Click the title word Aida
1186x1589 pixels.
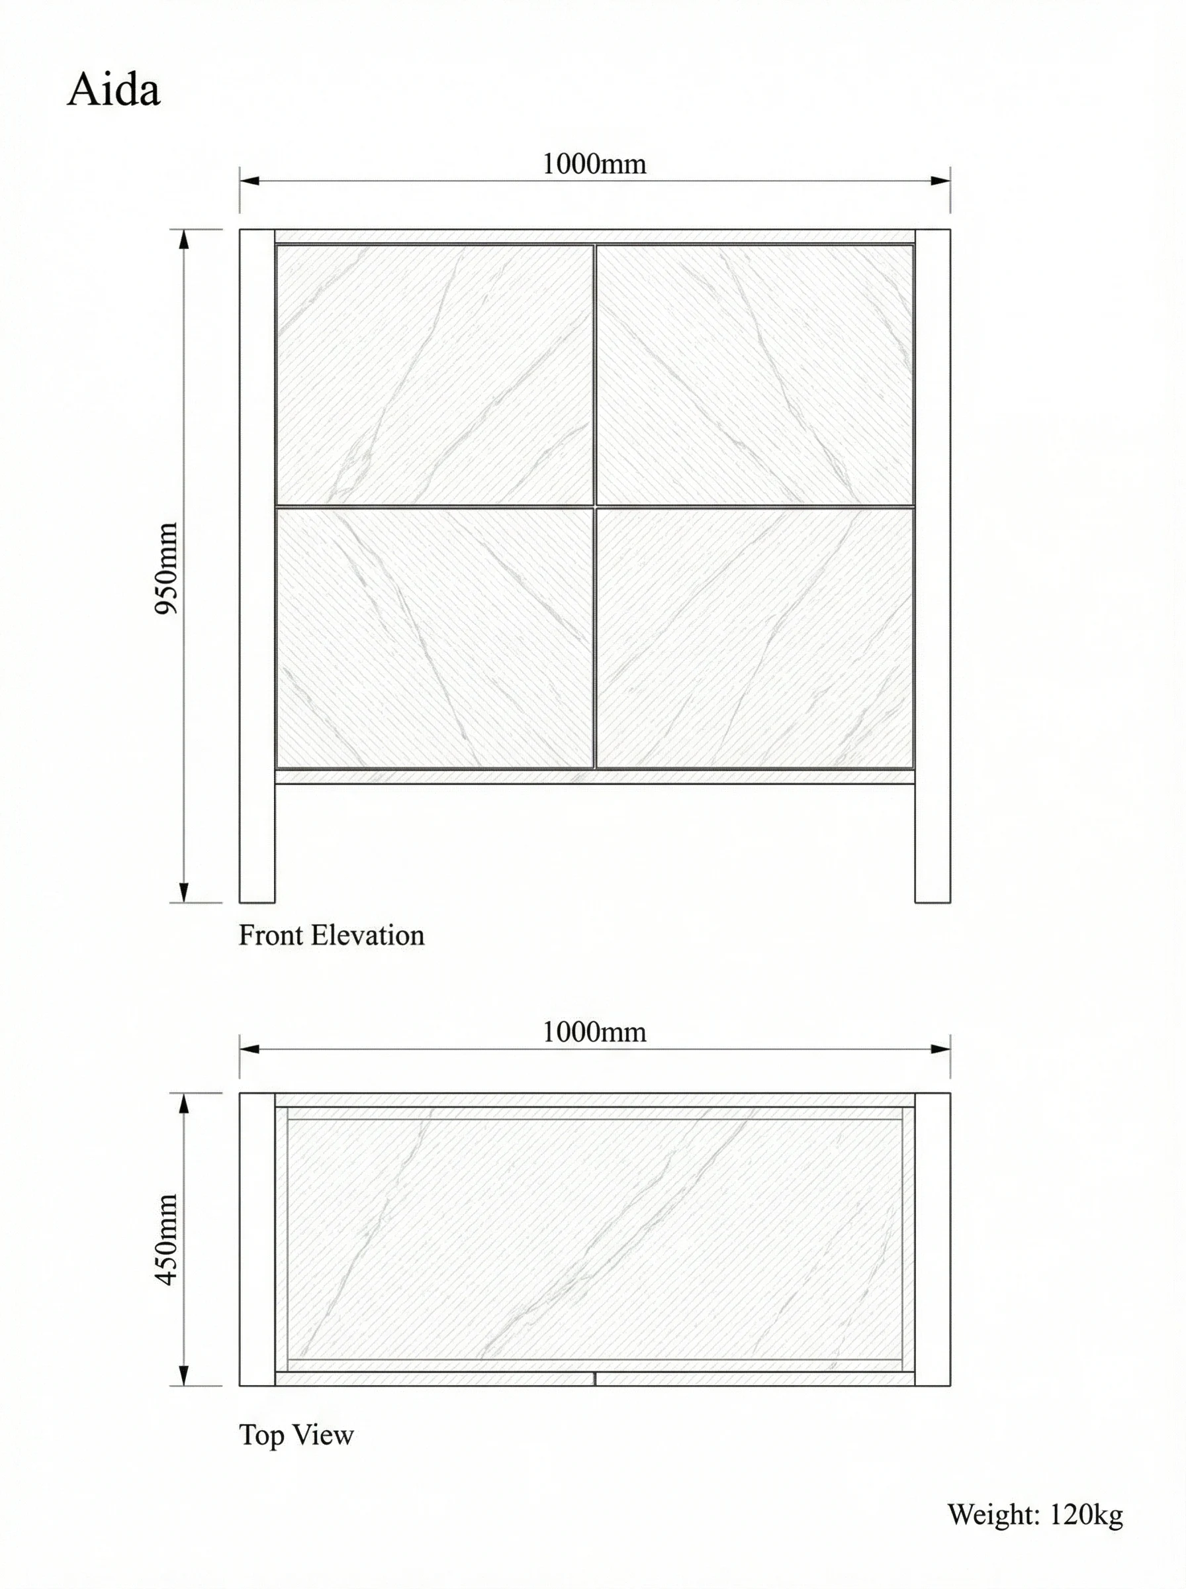pyautogui.click(x=113, y=91)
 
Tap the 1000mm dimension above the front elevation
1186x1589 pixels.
pyautogui.click(x=594, y=164)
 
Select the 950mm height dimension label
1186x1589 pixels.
pyautogui.click(x=167, y=568)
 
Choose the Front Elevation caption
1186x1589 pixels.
pyautogui.click(x=331, y=936)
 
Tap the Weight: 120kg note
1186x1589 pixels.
pyautogui.click(x=1034, y=1514)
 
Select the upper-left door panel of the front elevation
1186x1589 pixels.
pyautogui.click(x=434, y=375)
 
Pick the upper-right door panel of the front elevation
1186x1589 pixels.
pyautogui.click(x=754, y=375)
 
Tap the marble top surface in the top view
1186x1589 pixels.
pyautogui.click(x=594, y=1239)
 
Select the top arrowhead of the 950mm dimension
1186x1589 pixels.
pyautogui.click(x=184, y=239)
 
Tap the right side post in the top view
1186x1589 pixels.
pyautogui.click(x=933, y=1239)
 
